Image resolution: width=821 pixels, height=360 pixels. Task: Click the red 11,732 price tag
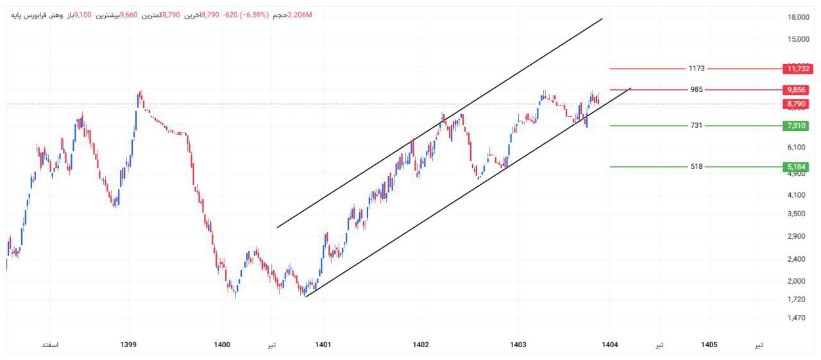(x=797, y=69)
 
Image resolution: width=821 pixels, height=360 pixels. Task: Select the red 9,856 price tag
(x=797, y=90)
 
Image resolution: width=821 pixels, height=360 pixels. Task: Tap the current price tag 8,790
(x=797, y=104)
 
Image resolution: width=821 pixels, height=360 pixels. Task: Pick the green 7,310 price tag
(x=797, y=126)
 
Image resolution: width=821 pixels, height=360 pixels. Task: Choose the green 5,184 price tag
(x=797, y=167)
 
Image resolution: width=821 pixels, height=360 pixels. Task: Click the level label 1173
(x=697, y=69)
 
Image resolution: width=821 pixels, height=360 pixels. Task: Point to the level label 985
(x=697, y=90)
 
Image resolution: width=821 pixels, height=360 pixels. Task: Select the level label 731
(x=697, y=126)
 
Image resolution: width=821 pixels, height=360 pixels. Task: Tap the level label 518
(x=697, y=167)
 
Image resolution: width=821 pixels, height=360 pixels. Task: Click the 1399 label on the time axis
(x=128, y=345)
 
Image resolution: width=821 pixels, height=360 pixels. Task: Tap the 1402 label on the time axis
(x=421, y=345)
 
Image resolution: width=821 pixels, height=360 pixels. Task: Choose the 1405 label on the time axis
(x=709, y=345)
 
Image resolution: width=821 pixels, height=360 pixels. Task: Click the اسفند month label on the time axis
(x=49, y=345)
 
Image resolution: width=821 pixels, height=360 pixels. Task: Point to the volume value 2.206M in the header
(x=300, y=15)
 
